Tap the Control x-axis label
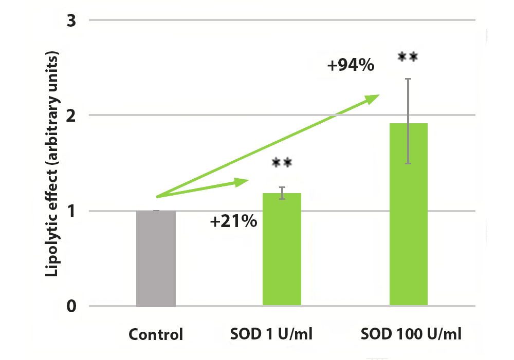click(x=156, y=335)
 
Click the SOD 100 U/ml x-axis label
click(x=411, y=335)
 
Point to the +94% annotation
click(x=352, y=66)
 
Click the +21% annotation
click(x=233, y=222)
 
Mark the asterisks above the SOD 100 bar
click(x=408, y=57)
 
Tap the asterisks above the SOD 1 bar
click(x=282, y=163)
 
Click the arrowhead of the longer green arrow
click(x=374, y=97)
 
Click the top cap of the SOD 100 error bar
click(x=408, y=79)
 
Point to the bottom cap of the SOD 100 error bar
click(x=408, y=163)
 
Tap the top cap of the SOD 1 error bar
click(x=282, y=187)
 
